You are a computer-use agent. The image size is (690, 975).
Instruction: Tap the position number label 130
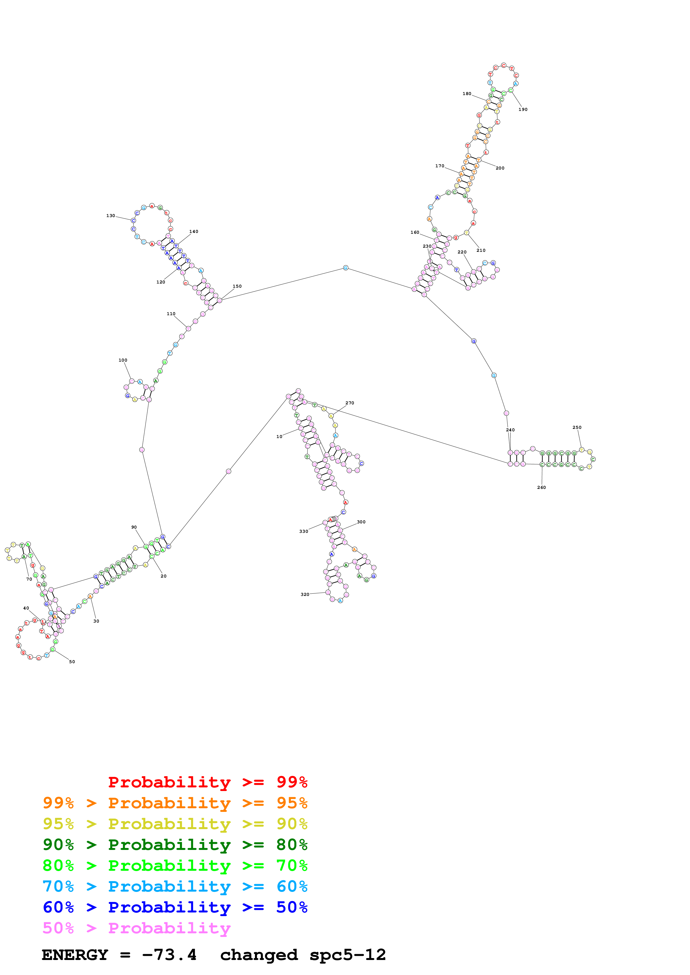click(x=111, y=216)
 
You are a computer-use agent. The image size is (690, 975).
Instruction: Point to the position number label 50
click(x=72, y=661)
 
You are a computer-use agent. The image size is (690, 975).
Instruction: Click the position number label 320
click(x=305, y=595)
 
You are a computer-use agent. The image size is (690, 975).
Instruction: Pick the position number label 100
click(x=123, y=360)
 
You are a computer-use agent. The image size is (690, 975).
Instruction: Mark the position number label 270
click(x=350, y=403)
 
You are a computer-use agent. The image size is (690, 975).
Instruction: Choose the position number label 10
click(x=279, y=437)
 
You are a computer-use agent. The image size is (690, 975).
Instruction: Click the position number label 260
click(x=541, y=487)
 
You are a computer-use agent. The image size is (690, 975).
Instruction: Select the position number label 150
click(x=237, y=286)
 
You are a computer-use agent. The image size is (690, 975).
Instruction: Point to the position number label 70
click(x=29, y=579)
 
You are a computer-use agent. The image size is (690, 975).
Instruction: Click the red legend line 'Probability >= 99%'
click(x=207, y=782)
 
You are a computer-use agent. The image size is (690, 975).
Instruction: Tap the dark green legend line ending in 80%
click(x=175, y=845)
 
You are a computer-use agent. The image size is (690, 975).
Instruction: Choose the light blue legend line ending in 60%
click(x=175, y=886)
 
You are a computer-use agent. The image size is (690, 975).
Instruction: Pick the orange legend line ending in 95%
click(x=175, y=803)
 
